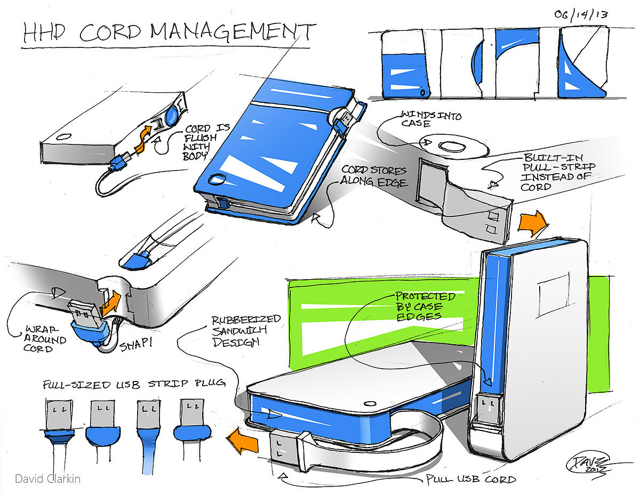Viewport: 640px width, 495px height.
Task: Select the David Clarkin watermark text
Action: (47, 479)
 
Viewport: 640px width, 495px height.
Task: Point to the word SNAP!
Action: (135, 344)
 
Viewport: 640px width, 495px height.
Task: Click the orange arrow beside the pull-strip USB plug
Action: (532, 224)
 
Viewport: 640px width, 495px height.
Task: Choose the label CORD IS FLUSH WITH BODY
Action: (201, 142)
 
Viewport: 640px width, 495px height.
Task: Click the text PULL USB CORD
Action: (471, 480)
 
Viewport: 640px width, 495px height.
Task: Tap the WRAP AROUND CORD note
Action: (45, 339)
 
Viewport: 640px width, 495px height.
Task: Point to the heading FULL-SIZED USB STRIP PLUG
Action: (134, 384)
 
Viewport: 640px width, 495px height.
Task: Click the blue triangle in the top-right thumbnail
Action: (578, 70)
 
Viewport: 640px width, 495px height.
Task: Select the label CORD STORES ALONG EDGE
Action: (374, 176)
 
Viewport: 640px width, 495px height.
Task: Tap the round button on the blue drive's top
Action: (217, 179)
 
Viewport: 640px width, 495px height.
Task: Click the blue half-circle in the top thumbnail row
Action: (477, 62)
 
